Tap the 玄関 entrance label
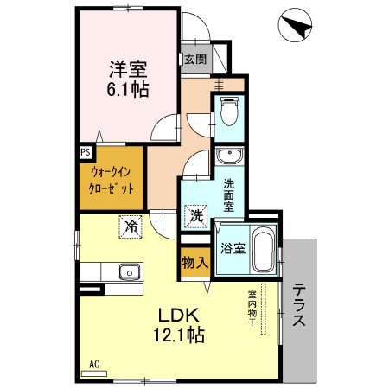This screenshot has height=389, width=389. click(x=194, y=60)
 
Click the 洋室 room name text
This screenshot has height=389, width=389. click(x=127, y=67)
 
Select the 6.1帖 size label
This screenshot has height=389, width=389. click(x=127, y=88)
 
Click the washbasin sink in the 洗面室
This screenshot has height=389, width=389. click(x=229, y=157)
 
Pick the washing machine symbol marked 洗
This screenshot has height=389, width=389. click(x=197, y=215)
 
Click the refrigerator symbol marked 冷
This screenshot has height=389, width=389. click(x=131, y=226)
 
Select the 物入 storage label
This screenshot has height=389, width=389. click(x=194, y=262)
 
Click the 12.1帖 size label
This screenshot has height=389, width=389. click(x=180, y=335)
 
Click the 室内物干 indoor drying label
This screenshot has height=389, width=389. click(x=252, y=309)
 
